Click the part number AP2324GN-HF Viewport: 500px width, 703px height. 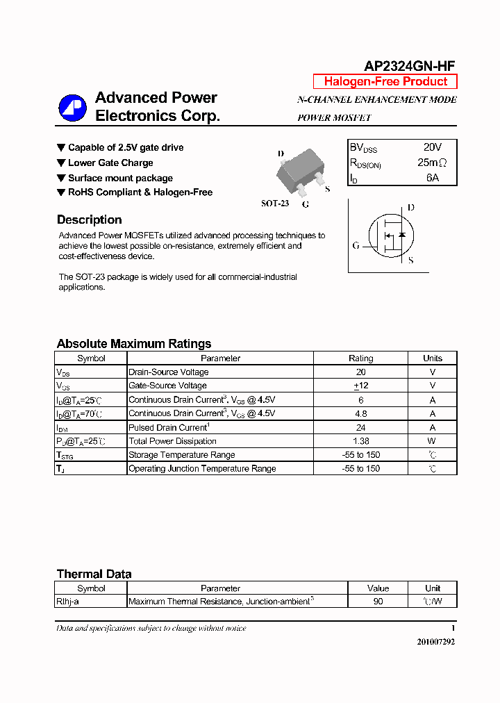pos(410,66)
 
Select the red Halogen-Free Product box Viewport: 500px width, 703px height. pos(385,81)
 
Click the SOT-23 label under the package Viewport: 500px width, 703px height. pos(274,204)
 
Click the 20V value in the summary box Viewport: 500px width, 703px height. pos(432,147)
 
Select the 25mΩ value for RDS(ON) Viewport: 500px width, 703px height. pos(432,163)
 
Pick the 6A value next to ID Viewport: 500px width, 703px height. pos(432,178)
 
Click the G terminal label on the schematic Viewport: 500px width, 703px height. pos(356,245)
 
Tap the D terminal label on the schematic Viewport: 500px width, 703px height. pos(410,207)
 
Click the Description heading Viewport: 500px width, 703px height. pos(89,220)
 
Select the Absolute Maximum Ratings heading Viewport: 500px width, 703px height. pos(133,344)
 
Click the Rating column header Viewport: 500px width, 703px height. pos(360,358)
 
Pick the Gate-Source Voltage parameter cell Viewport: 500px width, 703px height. pos(167,386)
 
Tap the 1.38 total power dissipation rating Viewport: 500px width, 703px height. pos(360,441)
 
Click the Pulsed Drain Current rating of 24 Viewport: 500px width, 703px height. pos(360,427)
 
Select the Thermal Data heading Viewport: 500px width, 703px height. pos(94,574)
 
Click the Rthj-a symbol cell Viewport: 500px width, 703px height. pos(68,602)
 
